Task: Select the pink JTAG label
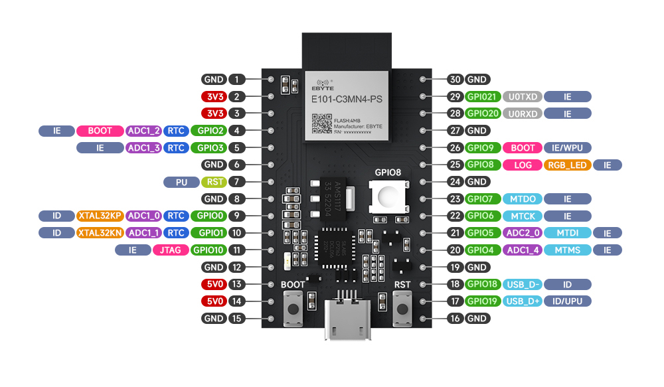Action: [170, 250]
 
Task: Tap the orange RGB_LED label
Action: [567, 165]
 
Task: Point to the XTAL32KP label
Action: [100, 216]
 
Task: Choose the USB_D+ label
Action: [523, 301]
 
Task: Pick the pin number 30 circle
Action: [455, 79]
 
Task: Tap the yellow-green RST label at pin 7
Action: [214, 181]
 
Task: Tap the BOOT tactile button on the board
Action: [292, 309]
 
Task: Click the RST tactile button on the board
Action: [402, 309]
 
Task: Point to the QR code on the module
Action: [321, 123]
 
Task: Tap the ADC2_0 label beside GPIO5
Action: [523, 233]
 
